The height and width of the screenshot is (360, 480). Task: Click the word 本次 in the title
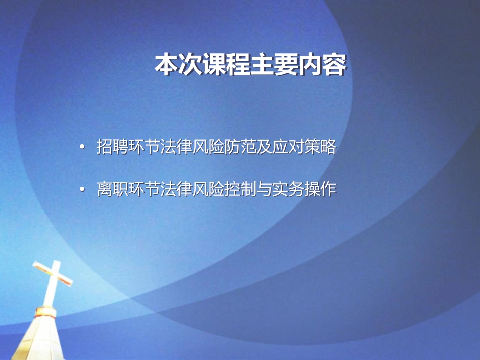pos(178,64)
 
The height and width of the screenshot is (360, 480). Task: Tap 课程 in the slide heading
pos(226,64)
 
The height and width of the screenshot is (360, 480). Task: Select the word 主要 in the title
pos(274,64)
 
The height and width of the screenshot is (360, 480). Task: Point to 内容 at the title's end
pos(322,64)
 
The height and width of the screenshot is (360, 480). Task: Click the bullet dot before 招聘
pos(82,147)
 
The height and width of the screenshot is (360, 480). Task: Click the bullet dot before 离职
pos(82,190)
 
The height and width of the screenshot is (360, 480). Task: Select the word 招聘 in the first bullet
pos(112,147)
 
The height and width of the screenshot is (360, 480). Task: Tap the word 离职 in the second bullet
pos(112,189)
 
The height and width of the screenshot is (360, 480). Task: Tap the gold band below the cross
pos(45,312)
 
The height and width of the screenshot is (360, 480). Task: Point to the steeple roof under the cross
pos(38,339)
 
